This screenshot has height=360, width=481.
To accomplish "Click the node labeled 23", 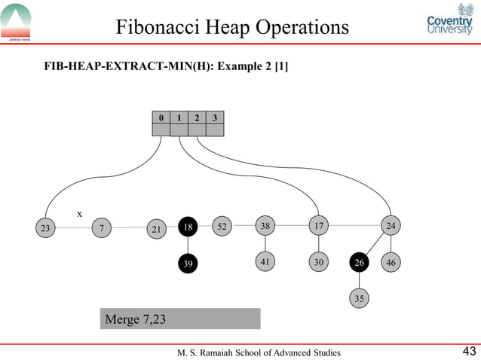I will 45,227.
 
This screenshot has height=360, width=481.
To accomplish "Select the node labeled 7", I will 100,227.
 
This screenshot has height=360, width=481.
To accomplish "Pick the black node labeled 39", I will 188,264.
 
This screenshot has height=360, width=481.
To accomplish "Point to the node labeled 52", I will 222,225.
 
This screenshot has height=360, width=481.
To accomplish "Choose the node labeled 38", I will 265,225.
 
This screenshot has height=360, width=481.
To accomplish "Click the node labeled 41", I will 265,261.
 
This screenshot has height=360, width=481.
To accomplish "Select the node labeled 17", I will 320,225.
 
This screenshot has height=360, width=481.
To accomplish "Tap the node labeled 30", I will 320,262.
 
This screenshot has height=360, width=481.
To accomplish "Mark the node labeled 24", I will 391,225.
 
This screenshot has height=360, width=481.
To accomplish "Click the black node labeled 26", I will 360,263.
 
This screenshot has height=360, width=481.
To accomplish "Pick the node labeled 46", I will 391,263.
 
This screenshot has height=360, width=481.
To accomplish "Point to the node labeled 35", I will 360,298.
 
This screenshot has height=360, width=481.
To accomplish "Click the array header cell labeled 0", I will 161,117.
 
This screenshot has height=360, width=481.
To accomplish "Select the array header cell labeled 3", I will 215,117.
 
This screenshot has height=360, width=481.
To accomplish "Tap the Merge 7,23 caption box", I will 180,319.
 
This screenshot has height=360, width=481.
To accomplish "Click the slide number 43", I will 468,351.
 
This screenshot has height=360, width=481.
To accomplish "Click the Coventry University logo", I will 449,24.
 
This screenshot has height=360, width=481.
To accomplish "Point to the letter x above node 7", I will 79,214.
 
